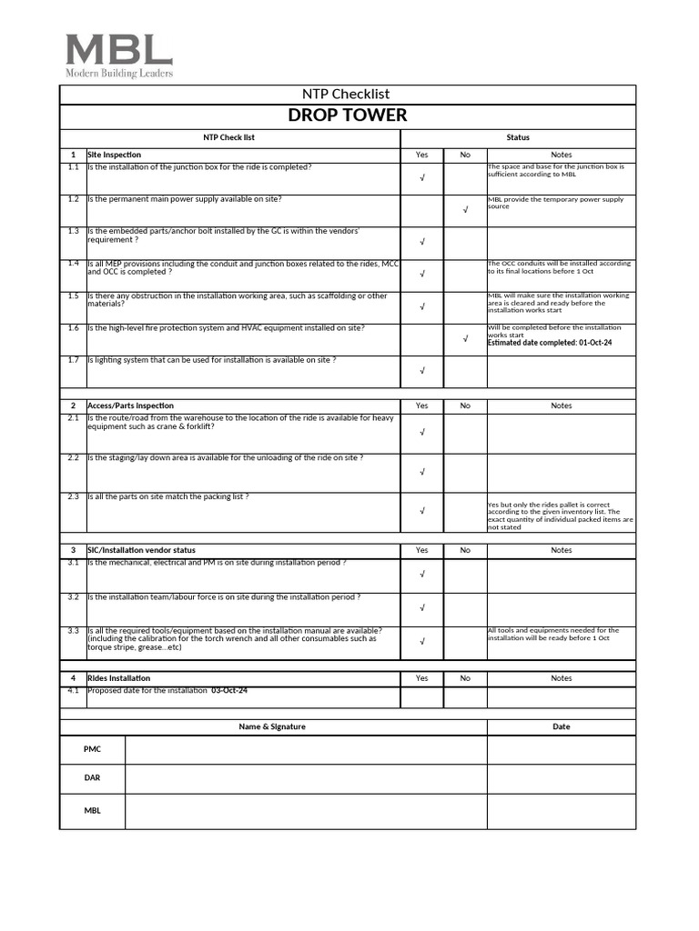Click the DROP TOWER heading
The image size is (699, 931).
pos(348,115)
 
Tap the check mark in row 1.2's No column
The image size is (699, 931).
pos(465,210)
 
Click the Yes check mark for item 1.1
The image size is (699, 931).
pos(422,178)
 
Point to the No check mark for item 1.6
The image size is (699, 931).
pos(465,338)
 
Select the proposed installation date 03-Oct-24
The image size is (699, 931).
pos(229,691)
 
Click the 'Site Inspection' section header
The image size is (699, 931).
pos(115,155)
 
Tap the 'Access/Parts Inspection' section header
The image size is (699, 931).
pos(130,405)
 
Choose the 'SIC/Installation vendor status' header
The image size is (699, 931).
pos(141,550)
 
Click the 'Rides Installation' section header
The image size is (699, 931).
pos(119,678)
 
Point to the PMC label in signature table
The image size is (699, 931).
pos(93,749)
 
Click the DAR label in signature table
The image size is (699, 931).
pos(93,779)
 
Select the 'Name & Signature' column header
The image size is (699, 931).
pos(272,726)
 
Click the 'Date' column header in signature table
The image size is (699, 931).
pos(562,726)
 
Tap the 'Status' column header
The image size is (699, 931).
pos(518,137)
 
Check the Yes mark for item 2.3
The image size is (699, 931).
pos(422,511)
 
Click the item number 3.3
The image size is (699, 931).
pos(73,630)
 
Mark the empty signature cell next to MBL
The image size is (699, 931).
pos(306,811)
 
